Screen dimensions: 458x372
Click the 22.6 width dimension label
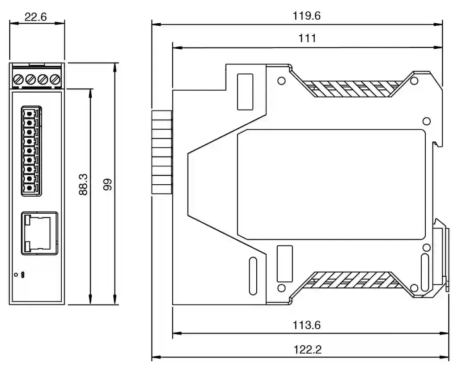click(x=35, y=17)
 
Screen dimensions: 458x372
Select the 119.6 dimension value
click(x=307, y=16)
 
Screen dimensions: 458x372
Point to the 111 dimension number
click(x=307, y=38)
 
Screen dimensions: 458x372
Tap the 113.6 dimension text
click(x=307, y=325)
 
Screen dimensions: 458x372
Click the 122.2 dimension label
click(x=307, y=350)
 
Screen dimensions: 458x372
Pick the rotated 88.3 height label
click(x=83, y=184)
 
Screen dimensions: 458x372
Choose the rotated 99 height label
click(x=108, y=185)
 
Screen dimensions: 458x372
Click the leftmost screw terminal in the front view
click(x=18, y=79)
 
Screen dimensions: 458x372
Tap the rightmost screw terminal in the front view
click(x=55, y=79)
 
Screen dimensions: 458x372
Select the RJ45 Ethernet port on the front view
click(x=39, y=233)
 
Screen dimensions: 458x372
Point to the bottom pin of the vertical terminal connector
click(x=29, y=188)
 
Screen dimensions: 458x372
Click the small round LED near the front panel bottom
click(x=16, y=275)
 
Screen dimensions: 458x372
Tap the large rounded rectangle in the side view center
click(x=331, y=185)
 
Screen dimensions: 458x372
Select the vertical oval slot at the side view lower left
click(x=253, y=275)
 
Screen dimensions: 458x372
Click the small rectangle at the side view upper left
click(x=245, y=92)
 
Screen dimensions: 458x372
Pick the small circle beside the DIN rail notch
click(x=426, y=121)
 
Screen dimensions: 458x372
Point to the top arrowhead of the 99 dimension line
click(x=115, y=68)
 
